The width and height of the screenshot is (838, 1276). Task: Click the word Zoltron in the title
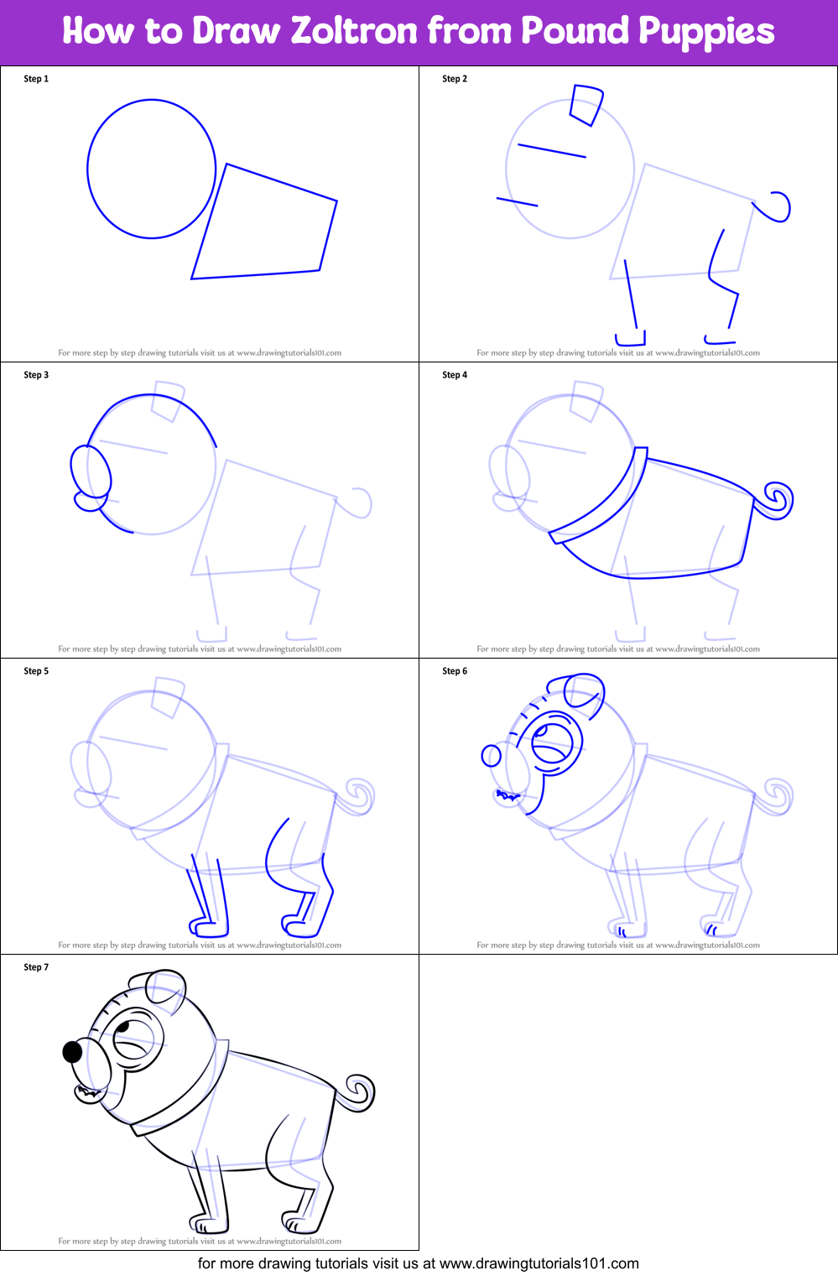click(353, 31)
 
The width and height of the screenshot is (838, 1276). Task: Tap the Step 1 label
click(36, 79)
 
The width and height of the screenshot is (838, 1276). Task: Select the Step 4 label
click(455, 375)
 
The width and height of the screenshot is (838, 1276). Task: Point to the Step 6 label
click(455, 671)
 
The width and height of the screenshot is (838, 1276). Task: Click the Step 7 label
click(36, 967)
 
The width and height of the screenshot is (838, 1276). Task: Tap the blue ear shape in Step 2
click(586, 104)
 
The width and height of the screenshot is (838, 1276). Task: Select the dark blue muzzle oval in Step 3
click(90, 472)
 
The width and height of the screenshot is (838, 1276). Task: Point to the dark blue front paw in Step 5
click(209, 928)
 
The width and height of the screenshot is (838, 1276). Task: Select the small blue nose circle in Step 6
click(491, 756)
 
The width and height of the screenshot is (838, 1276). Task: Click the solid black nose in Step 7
click(73, 1052)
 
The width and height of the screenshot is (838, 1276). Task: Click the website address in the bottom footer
click(539, 1263)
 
